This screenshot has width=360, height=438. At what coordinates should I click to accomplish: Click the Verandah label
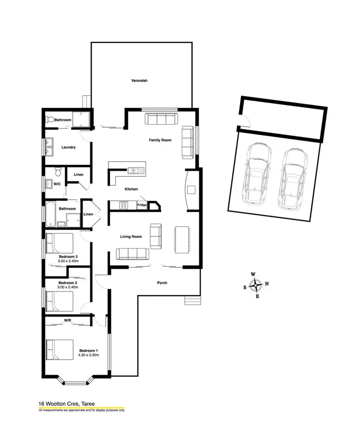point(139,81)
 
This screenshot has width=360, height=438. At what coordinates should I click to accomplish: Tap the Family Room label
point(160,140)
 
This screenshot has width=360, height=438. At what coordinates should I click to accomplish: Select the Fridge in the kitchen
point(142,205)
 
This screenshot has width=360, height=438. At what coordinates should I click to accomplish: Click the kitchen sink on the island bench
point(133,170)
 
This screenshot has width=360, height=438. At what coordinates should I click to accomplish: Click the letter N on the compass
point(267,284)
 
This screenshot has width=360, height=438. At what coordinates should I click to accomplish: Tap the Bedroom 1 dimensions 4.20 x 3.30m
point(89,355)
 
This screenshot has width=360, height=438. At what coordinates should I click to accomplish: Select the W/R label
point(68,320)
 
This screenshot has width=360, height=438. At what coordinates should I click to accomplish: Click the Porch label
point(162,283)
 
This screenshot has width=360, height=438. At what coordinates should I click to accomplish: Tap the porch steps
point(192,300)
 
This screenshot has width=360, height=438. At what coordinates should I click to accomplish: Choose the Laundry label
point(69,147)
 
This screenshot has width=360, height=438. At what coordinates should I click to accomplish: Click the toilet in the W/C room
point(58,171)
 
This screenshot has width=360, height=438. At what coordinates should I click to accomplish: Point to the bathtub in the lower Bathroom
point(50,214)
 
